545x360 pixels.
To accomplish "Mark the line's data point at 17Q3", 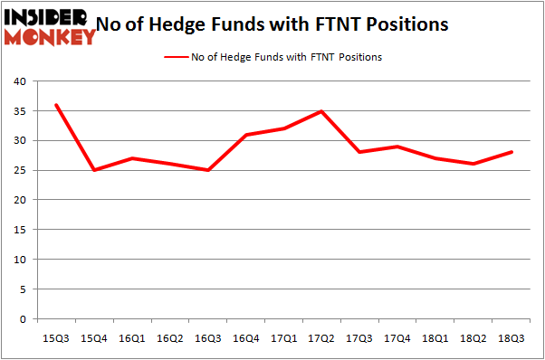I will click(359, 152).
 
